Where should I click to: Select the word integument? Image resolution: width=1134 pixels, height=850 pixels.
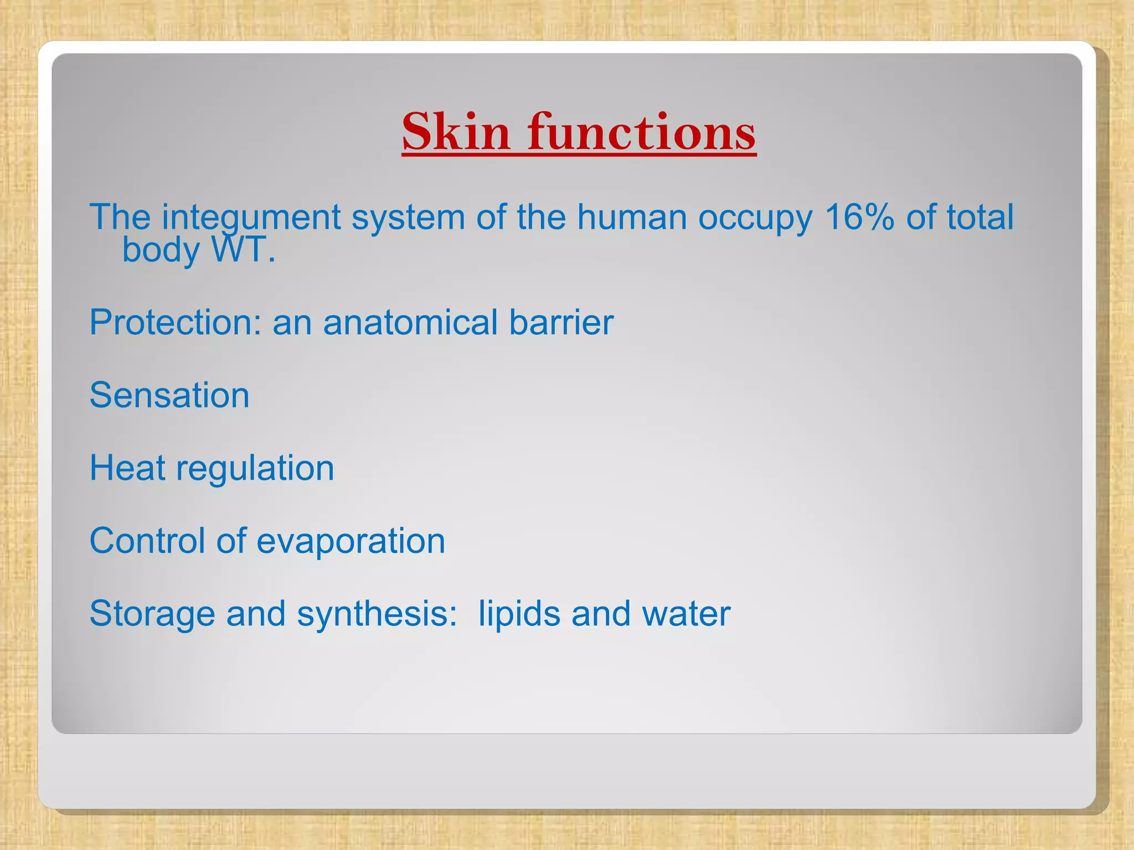pos(250,217)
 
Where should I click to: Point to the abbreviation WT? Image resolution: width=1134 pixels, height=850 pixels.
pos(243,250)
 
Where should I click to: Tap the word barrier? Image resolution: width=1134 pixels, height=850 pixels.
pos(561,322)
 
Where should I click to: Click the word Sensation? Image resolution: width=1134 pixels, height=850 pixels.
pos(169,395)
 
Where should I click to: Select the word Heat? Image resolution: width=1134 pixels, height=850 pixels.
pos(127,468)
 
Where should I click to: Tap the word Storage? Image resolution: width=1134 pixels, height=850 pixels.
pos(152,614)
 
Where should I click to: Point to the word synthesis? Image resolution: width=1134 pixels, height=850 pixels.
pos(377,614)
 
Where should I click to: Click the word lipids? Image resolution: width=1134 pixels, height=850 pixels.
pos(519,614)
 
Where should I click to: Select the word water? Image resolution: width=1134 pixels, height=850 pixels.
pos(686,614)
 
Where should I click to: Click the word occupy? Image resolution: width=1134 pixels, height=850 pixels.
pos(755,217)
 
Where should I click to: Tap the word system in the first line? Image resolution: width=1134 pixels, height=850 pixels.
pos(408,217)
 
